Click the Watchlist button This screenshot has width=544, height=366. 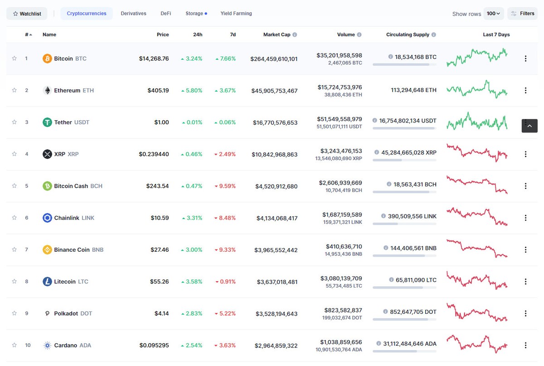(27, 14)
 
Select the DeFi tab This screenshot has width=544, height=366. (166, 14)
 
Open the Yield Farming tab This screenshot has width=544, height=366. (236, 14)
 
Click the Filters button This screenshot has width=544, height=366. (522, 14)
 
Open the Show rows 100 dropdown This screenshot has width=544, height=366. (493, 14)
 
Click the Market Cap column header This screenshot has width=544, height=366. (277, 34)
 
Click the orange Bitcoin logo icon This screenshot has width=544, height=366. (47, 59)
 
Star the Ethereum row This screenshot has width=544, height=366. (15, 90)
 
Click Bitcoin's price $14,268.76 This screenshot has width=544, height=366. (154, 59)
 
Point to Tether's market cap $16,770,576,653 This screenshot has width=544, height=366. (274, 122)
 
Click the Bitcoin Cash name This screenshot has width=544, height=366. (71, 186)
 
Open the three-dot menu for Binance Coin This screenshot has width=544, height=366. (525, 250)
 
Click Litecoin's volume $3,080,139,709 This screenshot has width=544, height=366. (341, 278)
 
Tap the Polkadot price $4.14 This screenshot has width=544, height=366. (161, 313)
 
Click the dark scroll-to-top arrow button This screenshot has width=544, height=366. (529, 126)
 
